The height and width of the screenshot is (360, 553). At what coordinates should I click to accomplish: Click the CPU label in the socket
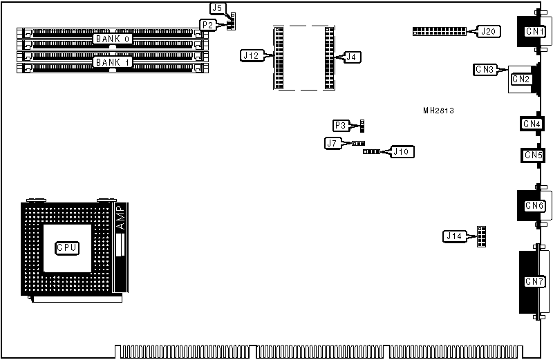click(x=66, y=247)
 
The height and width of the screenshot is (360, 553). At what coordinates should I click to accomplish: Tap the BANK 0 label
click(x=113, y=39)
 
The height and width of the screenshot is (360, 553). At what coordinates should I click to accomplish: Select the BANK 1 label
click(x=113, y=62)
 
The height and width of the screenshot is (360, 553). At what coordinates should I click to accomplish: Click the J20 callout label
click(x=488, y=32)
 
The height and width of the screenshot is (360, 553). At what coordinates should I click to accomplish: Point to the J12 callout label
click(x=251, y=55)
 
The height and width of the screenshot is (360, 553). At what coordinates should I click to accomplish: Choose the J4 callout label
click(x=352, y=56)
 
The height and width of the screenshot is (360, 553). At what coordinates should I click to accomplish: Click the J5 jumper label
click(x=218, y=9)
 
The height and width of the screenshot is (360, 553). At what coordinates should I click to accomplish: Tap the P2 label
click(x=208, y=24)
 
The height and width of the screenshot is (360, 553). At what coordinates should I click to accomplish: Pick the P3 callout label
click(x=341, y=125)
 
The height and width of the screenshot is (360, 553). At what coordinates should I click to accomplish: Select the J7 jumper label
click(x=333, y=143)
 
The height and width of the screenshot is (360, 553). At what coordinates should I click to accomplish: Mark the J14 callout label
click(x=453, y=236)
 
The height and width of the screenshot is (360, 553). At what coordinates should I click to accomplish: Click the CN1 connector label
click(x=533, y=31)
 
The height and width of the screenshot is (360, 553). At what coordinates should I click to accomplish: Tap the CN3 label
click(x=485, y=69)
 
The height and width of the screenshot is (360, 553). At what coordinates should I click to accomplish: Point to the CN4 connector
click(x=532, y=124)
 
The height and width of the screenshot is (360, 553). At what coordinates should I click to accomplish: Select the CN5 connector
click(x=532, y=155)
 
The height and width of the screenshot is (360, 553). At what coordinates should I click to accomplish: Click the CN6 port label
click(x=534, y=205)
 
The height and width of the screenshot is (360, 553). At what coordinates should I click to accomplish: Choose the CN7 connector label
click(x=534, y=281)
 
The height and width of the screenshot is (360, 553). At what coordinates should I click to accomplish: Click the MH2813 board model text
click(x=438, y=111)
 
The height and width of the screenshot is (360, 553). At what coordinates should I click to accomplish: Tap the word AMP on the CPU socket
click(x=120, y=218)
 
